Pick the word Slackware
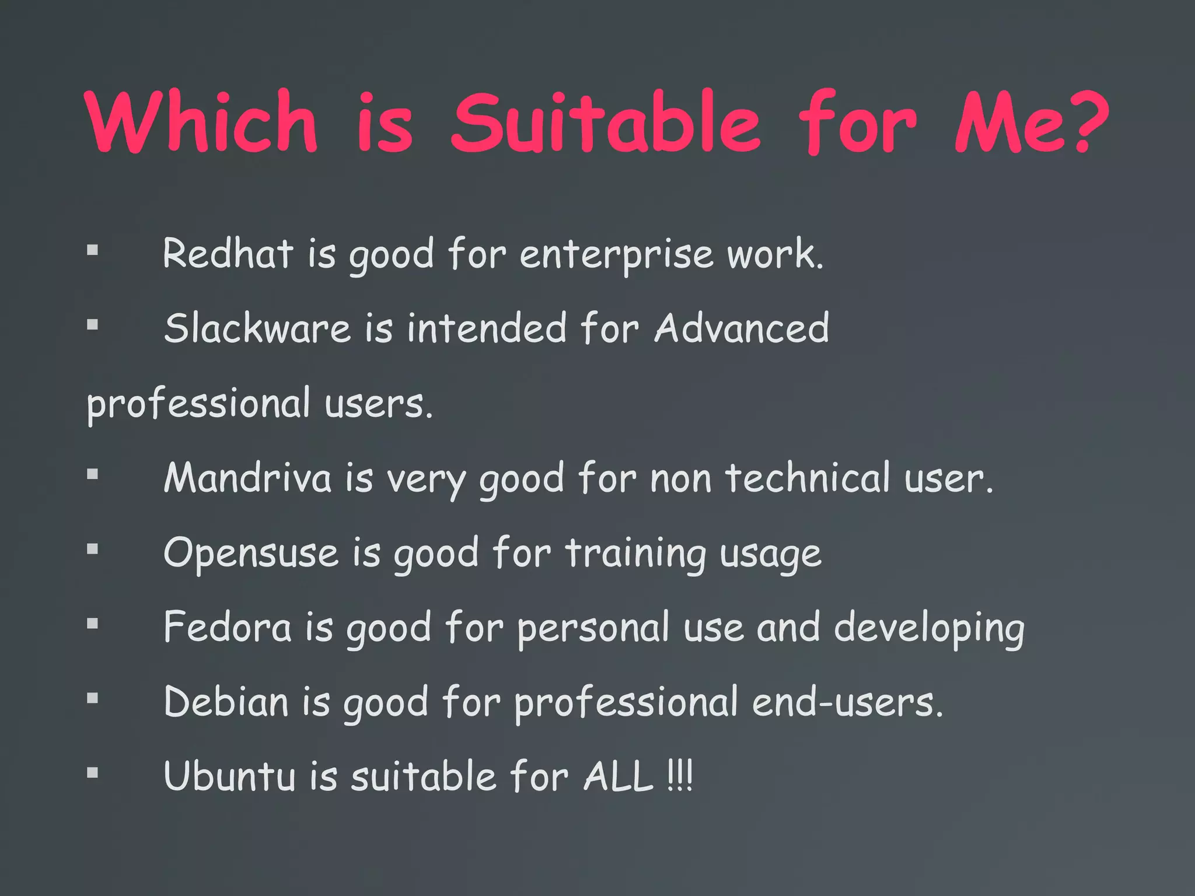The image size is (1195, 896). click(x=257, y=328)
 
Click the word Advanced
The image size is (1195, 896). click(x=741, y=328)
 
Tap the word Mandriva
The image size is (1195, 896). click(x=247, y=478)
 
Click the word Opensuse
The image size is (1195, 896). click(x=251, y=553)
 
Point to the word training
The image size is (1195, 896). click(x=635, y=554)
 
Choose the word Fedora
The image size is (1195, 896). click(x=227, y=627)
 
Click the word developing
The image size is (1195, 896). click(x=929, y=629)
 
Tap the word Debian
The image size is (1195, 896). click(x=226, y=702)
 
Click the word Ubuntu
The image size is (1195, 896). click(x=230, y=776)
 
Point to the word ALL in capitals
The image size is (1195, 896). click(x=619, y=776)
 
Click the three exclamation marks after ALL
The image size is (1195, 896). click(x=680, y=776)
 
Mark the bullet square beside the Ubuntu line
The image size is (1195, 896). click(x=92, y=773)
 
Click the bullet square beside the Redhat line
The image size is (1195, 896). click(x=92, y=250)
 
